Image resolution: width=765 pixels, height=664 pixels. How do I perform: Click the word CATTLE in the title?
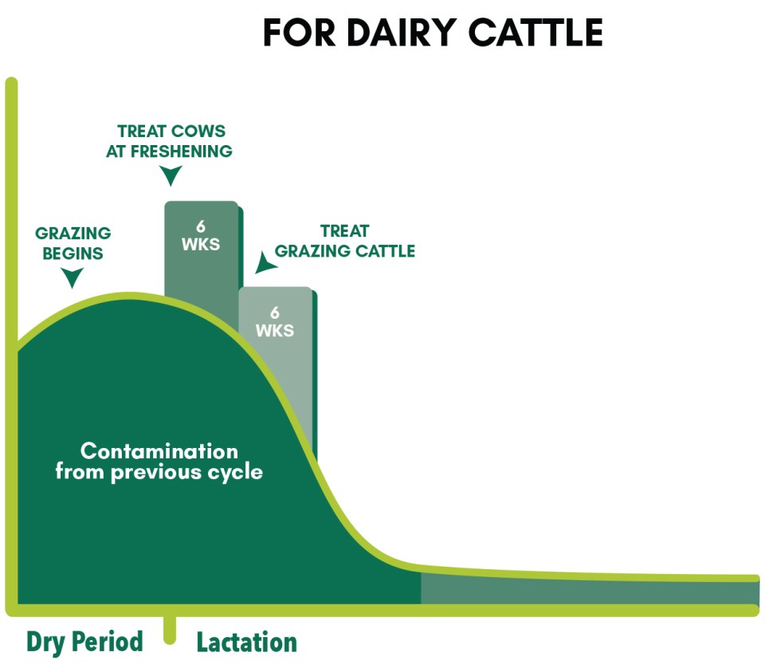tap(535, 33)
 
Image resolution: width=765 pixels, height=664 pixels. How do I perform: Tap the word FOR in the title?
tap(299, 33)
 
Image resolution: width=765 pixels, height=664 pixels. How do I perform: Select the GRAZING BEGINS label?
tap(73, 243)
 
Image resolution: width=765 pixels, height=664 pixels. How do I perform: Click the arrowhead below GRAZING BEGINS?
tap(73, 277)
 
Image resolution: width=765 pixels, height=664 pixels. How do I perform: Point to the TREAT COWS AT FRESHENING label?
tap(169, 141)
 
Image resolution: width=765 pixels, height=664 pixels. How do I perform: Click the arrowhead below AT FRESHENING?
tap(171, 175)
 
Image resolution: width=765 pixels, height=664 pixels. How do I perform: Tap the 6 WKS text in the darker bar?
tap(201, 235)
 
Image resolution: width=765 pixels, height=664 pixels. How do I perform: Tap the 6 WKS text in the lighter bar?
tap(275, 321)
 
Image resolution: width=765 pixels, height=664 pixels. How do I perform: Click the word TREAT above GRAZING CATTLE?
tap(344, 230)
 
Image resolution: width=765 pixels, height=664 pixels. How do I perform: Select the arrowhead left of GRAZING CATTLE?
tap(265, 263)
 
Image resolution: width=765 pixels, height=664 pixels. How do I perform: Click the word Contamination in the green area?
tap(159, 451)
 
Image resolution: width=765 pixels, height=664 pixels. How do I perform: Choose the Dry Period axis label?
tap(85, 642)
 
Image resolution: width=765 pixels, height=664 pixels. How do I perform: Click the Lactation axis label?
tap(247, 642)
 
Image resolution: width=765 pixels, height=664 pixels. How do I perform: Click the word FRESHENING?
tap(182, 151)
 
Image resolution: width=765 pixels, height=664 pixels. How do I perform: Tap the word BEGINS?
tap(73, 253)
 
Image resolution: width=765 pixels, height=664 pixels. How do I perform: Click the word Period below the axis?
tap(108, 642)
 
